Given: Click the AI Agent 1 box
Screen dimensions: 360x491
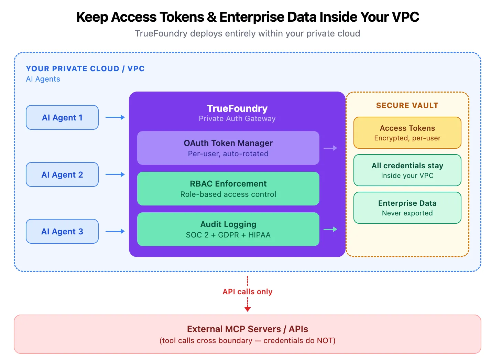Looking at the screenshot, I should click(62, 117).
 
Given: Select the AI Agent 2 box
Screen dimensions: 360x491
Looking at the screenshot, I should click(62, 174).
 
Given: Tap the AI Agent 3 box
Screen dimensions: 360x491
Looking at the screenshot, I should click(62, 231).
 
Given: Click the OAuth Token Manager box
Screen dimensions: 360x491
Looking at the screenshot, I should click(228, 148).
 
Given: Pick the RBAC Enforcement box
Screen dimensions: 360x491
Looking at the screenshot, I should click(228, 189).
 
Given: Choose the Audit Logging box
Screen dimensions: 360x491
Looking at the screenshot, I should click(228, 229).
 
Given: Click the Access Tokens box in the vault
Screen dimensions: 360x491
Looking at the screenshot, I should click(407, 133).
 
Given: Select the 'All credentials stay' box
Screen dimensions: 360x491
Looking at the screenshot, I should click(407, 170).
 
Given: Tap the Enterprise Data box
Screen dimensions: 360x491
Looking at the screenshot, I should click(407, 208).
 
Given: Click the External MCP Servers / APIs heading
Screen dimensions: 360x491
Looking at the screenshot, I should click(247, 329).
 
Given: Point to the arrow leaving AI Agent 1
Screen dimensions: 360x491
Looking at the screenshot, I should click(115, 117).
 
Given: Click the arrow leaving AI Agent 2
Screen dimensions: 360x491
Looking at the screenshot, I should click(115, 174).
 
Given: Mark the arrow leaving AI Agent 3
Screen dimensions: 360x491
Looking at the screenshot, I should click(115, 231).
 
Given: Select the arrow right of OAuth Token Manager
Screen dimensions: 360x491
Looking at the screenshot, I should click(330, 148).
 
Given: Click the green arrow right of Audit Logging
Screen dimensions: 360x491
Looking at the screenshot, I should click(330, 229).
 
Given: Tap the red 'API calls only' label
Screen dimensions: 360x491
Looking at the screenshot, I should click(247, 292).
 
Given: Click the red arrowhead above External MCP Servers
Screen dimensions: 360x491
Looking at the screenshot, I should click(247, 309).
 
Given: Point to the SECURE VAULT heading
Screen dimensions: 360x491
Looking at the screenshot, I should click(407, 105).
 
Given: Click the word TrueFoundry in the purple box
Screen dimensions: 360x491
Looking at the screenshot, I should click(237, 108).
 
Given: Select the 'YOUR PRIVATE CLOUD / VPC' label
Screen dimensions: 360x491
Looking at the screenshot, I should click(85, 68).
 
